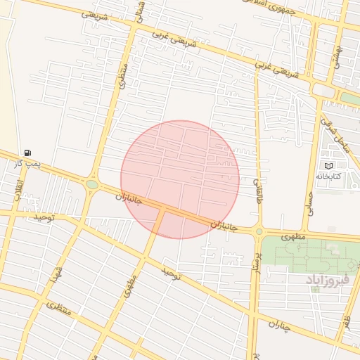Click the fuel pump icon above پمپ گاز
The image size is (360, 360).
click(27, 153)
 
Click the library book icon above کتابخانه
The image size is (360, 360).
click(328, 166)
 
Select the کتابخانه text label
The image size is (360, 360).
click(328, 176)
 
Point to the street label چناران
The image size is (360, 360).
click(280, 325)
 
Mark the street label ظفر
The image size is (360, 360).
click(346, 324)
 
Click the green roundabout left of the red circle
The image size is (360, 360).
click(92, 185)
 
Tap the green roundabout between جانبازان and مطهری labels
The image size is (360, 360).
click(259, 231)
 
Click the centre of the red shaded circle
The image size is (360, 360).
click(180, 179)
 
